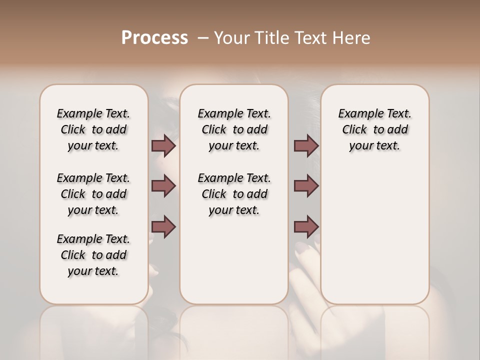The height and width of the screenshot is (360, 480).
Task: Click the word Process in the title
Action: click(154, 38)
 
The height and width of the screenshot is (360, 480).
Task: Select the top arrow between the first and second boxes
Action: click(163, 145)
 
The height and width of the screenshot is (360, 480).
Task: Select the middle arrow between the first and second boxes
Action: click(163, 186)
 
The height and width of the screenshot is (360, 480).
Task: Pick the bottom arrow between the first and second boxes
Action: click(163, 226)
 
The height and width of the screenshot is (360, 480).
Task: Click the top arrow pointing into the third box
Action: click(306, 145)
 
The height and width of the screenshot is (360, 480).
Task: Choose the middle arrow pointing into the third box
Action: click(306, 186)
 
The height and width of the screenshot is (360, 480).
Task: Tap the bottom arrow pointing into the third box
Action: click(306, 226)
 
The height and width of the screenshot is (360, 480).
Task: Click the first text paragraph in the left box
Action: click(93, 129)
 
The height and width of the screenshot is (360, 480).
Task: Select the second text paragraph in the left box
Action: click(93, 194)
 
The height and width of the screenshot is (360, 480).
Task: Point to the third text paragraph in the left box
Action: click(93, 255)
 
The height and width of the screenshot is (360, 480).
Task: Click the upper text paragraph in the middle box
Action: click(234, 129)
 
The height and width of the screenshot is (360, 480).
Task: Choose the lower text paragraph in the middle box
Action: click(234, 194)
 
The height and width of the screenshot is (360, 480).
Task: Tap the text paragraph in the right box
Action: click(375, 129)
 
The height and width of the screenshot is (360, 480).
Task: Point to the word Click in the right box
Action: click(354, 130)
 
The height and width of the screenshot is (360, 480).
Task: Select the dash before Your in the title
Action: click(203, 38)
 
